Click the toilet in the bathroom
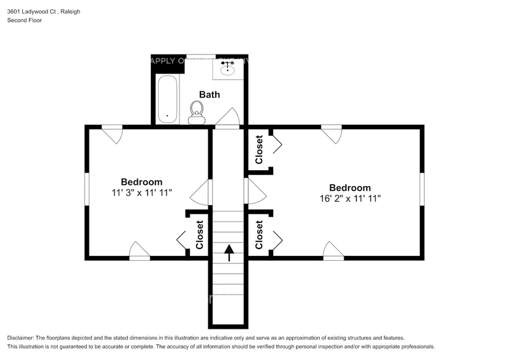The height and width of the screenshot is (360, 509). [x=197, y=111]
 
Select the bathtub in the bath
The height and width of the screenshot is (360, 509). [x=167, y=99]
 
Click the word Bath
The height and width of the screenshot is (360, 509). [x=209, y=94]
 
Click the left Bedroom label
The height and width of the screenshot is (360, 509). [x=141, y=182]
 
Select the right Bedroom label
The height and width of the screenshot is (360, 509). [x=350, y=188]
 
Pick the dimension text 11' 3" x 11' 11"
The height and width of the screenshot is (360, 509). [x=141, y=192]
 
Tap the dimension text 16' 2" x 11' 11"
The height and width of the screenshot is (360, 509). [x=350, y=198]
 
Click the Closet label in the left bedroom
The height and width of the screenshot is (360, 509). [x=200, y=234]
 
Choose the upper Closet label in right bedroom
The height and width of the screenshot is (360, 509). [x=259, y=149]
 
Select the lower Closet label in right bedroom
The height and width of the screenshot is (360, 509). [x=259, y=234]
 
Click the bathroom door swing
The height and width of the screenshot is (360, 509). [x=228, y=119]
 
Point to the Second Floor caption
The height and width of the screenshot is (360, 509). [x=25, y=20]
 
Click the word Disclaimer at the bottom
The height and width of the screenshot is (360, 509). [x=23, y=338]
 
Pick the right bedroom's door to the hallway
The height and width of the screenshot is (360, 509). [x=255, y=191]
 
